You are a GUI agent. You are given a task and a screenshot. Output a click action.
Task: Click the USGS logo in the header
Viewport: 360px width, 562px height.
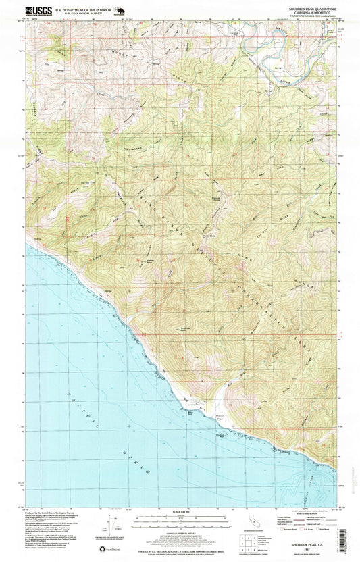tap(38, 10)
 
